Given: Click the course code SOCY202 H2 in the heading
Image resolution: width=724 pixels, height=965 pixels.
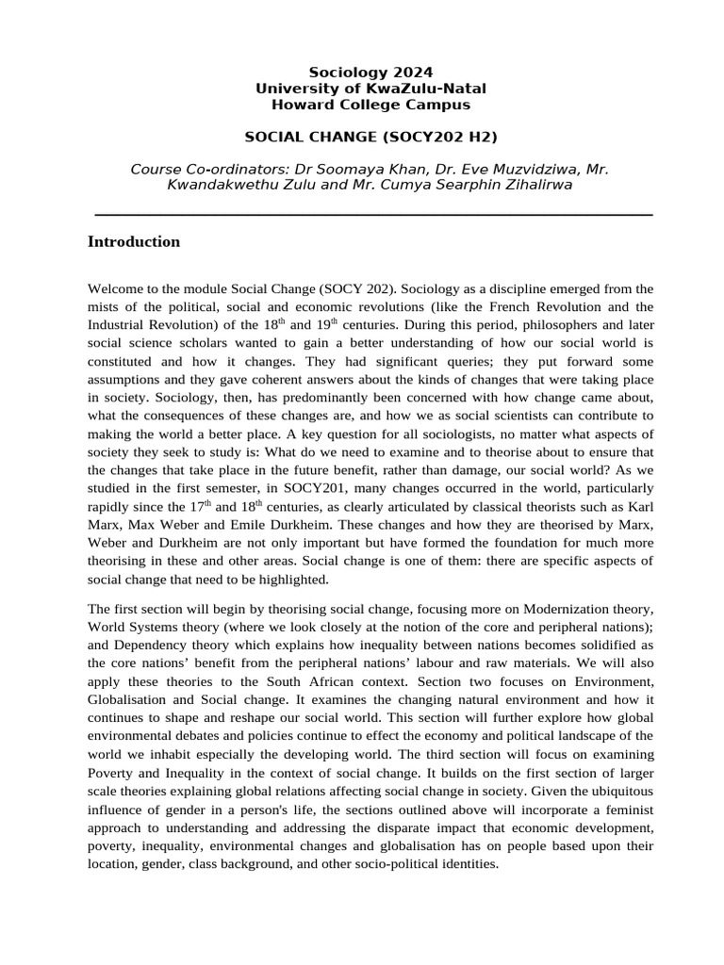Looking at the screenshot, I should point(439,137).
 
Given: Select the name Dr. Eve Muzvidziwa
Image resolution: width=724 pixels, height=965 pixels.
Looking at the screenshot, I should point(495,170).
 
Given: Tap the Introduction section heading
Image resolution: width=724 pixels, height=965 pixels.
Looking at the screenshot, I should point(133,242).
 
